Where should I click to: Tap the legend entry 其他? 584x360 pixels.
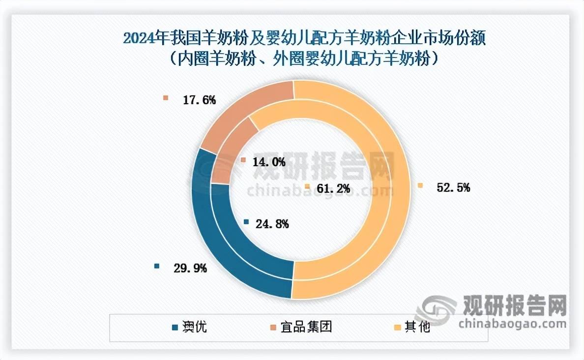(x=417, y=327)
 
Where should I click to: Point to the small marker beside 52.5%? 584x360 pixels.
(x=420, y=186)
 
